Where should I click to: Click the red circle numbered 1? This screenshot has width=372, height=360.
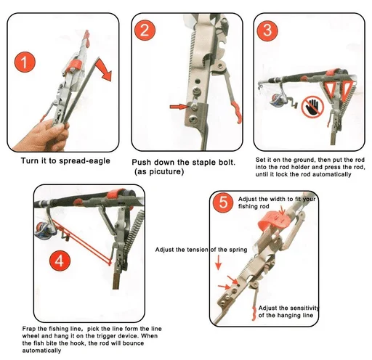tap(25, 62)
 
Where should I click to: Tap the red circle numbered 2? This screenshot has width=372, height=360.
tap(145, 30)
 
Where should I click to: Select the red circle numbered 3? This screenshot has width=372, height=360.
tap(267, 30)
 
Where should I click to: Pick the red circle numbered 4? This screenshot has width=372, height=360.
tap(60, 261)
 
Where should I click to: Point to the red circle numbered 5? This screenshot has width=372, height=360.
tap(223, 202)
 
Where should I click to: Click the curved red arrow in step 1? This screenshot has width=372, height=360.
tap(105, 70)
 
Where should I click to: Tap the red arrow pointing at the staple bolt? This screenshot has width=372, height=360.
tap(179, 106)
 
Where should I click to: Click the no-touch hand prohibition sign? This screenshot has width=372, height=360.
tap(312, 107)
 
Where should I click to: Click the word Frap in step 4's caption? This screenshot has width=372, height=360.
tap(29, 329)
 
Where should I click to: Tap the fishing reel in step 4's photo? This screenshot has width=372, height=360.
tap(45, 230)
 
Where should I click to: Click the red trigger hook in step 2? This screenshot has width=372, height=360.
tap(237, 112)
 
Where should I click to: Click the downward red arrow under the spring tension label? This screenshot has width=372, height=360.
tap(219, 263)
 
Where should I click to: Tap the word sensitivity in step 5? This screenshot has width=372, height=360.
tap(304, 308)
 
